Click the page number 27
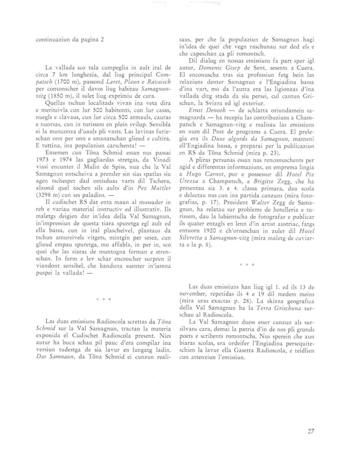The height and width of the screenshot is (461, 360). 310,431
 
